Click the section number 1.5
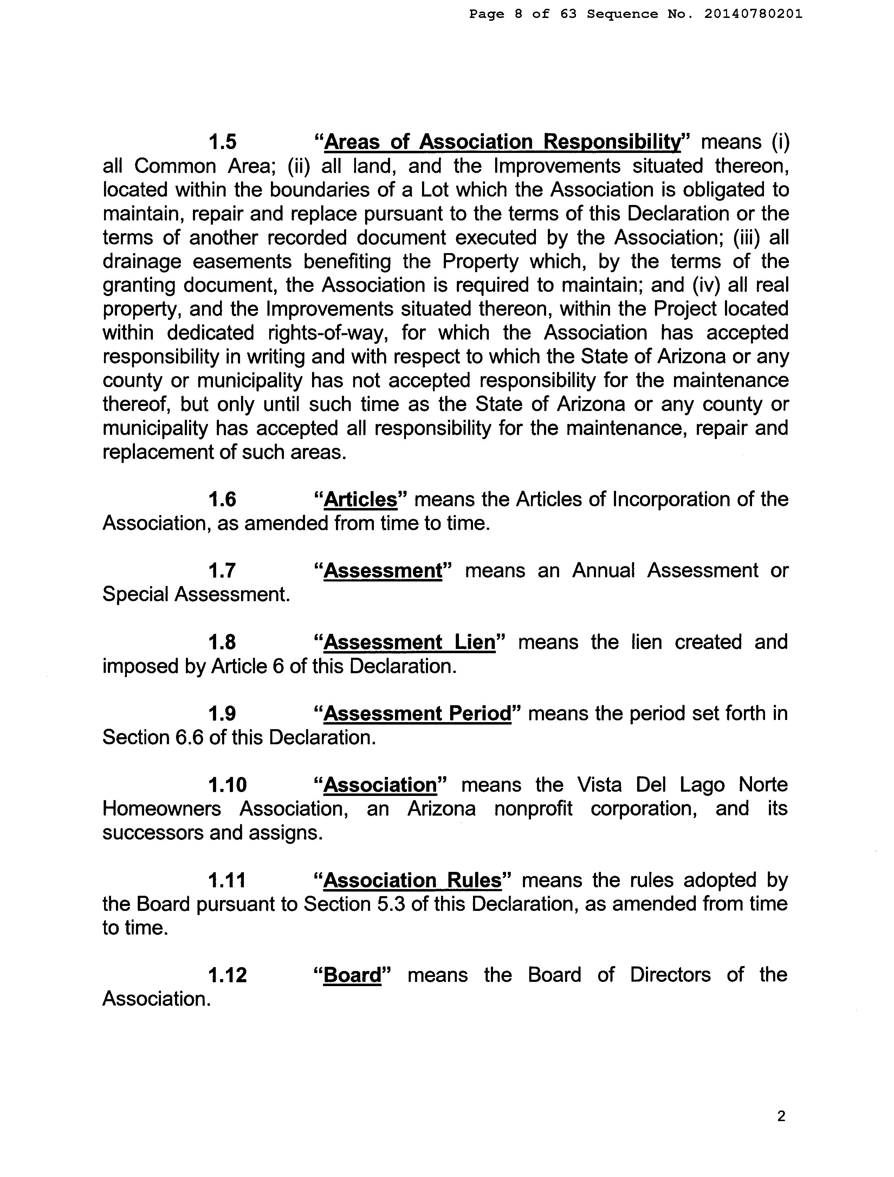222,142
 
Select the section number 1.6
222,500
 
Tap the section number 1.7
222,571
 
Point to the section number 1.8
222,643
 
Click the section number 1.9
222,714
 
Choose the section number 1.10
228,785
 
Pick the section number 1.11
227,881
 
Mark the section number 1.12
228,975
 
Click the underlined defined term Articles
361,500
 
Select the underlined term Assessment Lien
409,643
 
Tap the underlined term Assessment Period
417,714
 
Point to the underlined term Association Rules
413,881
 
